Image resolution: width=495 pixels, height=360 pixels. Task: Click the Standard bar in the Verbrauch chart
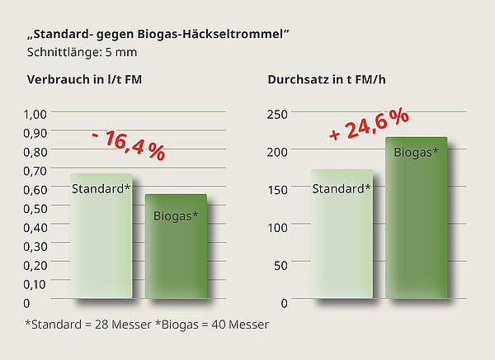[x=101, y=239]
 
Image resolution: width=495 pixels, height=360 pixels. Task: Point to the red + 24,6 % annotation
[x=370, y=124]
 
